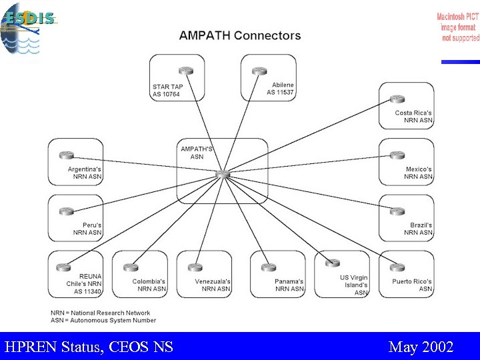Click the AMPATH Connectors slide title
tap(239, 36)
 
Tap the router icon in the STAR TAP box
tap(186, 71)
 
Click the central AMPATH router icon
tap(222, 175)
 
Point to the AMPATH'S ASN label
tap(197, 153)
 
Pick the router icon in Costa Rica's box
tap(397, 99)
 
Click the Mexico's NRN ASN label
tap(419, 173)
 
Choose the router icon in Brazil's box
tap(397, 211)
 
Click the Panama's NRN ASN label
tap(289, 285)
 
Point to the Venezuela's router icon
tap(195, 267)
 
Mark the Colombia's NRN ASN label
tap(149, 285)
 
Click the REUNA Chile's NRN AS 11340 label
tap(84, 284)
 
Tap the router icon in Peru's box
tap(65, 211)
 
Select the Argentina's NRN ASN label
tap(85, 173)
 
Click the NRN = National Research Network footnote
tap(101, 313)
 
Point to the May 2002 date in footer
tap(421, 347)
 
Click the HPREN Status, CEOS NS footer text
tap(89, 347)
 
